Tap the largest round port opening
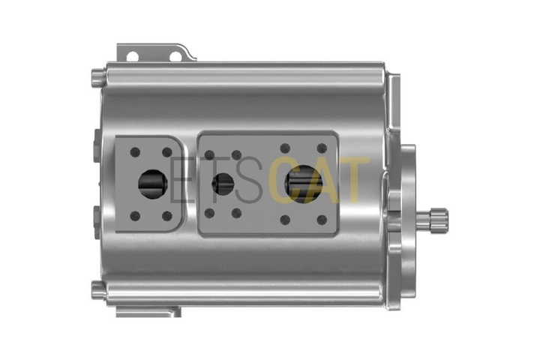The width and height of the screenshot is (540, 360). tap(304, 184)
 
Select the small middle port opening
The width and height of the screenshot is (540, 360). tap(223, 184)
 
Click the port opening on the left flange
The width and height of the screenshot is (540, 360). tap(153, 184)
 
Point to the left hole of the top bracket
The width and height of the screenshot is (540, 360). tap(132, 55)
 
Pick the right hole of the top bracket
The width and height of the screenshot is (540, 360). tap(175, 56)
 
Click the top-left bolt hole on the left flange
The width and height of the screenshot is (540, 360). tap(135, 151)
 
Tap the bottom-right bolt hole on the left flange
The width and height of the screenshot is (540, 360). tap(167, 216)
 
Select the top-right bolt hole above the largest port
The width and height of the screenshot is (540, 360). tap(322, 148)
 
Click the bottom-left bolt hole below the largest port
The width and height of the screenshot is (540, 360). tap(285, 220)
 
